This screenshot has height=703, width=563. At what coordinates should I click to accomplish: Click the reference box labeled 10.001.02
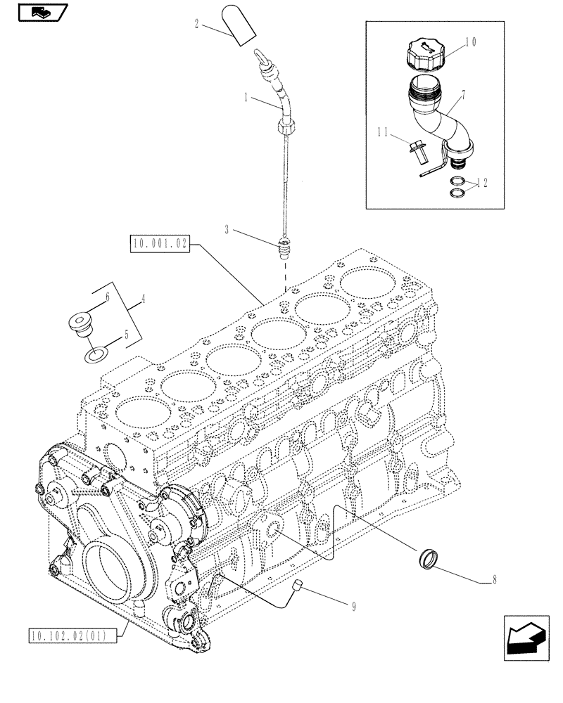[160, 245]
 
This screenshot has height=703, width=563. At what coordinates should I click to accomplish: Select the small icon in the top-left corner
[39, 11]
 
